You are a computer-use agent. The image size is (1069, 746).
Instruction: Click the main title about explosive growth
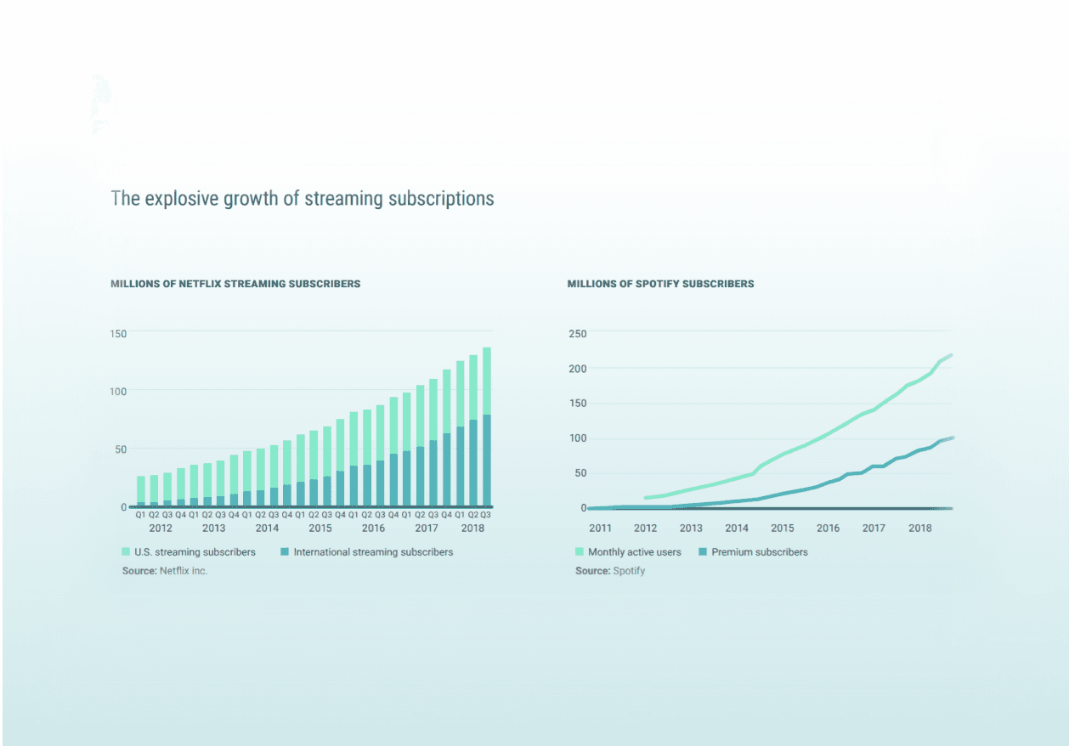click(302, 199)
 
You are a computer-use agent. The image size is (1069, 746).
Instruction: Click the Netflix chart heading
click(235, 284)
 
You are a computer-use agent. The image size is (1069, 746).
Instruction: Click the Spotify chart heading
click(660, 284)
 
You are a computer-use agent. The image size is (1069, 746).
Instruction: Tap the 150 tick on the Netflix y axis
click(118, 333)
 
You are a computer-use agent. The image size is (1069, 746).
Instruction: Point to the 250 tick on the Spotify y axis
click(578, 333)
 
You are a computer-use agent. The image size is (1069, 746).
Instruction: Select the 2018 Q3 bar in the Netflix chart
click(486, 425)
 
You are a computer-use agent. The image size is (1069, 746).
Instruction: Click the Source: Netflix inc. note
click(165, 571)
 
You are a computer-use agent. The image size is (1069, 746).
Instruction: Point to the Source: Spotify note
click(610, 571)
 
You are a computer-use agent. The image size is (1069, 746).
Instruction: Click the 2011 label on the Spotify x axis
click(600, 528)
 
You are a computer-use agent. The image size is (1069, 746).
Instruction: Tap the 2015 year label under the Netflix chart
click(320, 528)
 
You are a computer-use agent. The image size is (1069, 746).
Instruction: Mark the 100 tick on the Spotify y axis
click(578, 438)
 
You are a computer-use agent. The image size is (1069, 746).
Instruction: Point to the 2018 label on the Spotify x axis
click(919, 528)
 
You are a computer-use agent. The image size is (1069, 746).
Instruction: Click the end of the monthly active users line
click(951, 355)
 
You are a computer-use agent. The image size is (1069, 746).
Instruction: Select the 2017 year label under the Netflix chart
click(427, 528)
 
